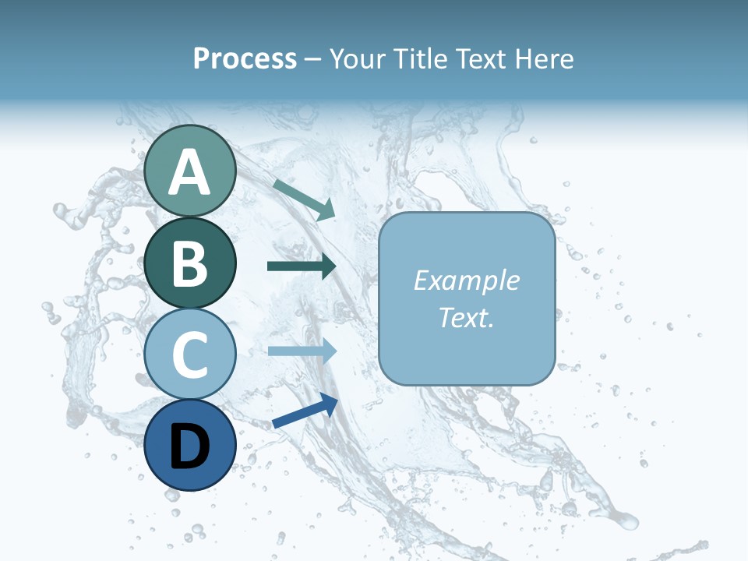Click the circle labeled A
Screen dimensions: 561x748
tap(190, 171)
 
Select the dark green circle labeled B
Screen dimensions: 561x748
tap(190, 263)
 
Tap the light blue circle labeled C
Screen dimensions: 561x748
tap(190, 354)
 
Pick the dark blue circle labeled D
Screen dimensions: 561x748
tap(190, 445)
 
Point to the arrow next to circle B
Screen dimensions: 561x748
tap(302, 266)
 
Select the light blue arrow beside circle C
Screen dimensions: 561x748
tap(302, 351)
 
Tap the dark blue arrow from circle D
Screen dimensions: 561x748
tap(305, 411)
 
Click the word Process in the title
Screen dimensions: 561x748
tap(245, 59)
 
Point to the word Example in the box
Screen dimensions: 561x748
tap(466, 280)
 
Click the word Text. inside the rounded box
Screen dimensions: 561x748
tap(466, 318)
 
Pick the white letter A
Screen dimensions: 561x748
tap(190, 172)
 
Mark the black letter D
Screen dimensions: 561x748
tap(190, 446)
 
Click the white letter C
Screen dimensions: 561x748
tap(190, 355)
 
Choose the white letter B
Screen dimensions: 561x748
tap(190, 264)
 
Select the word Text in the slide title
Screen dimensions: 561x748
tap(482, 59)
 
